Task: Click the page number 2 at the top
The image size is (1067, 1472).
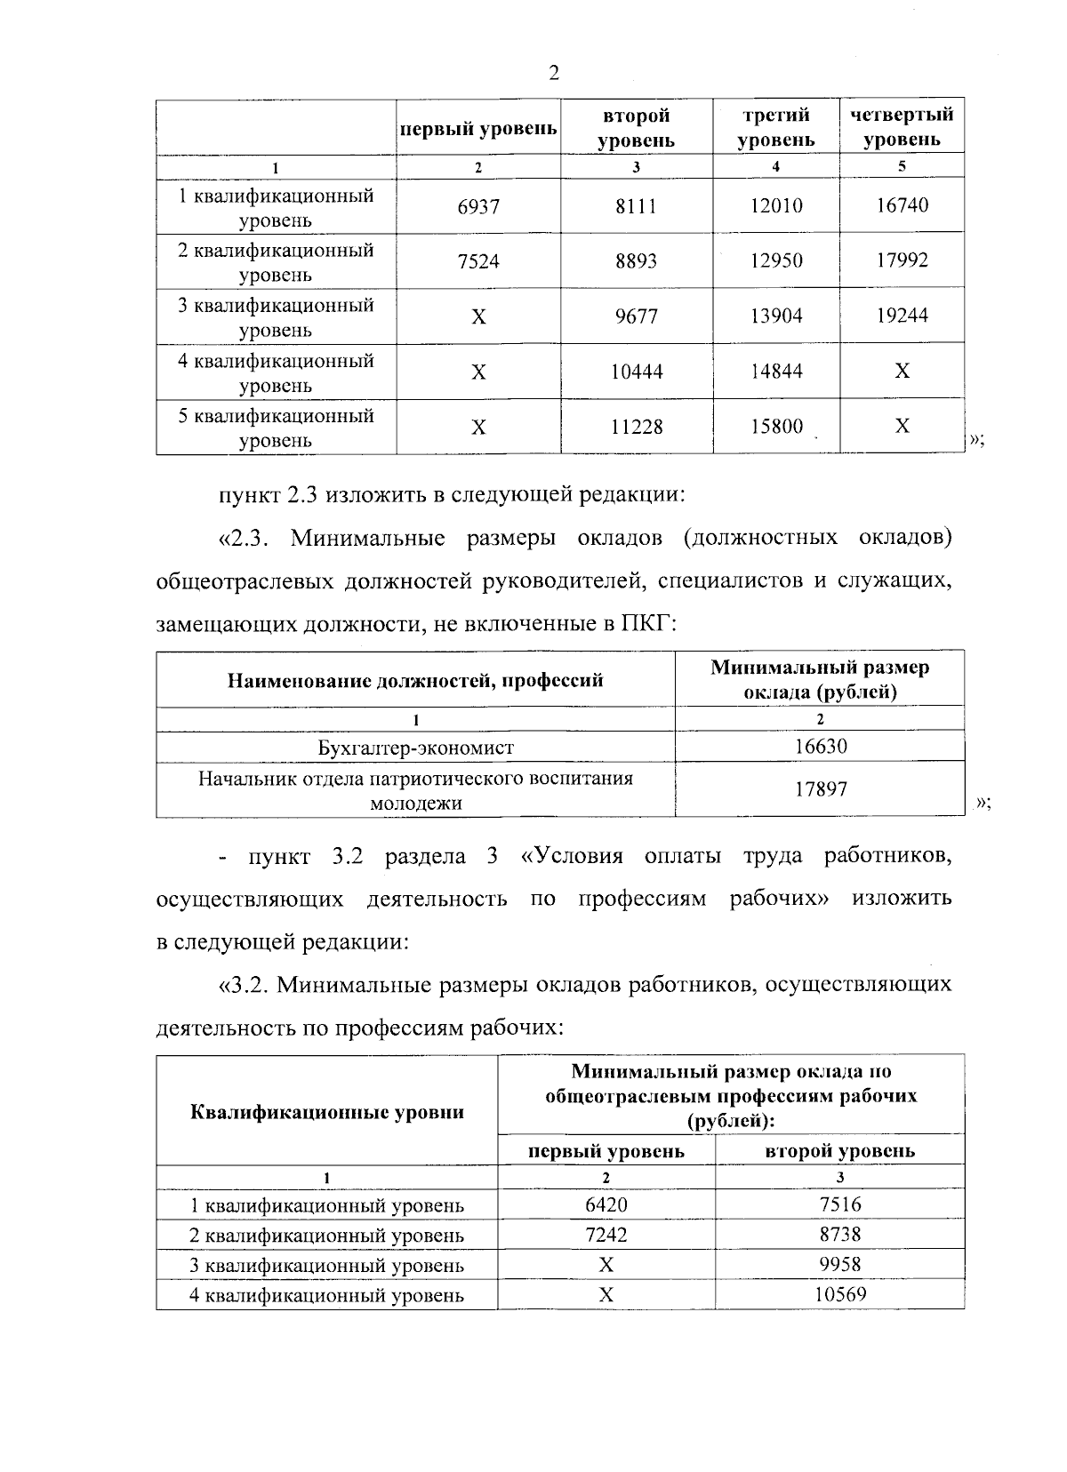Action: point(554,73)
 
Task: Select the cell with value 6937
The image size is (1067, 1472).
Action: point(478,207)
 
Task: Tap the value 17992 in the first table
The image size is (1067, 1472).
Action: point(902,260)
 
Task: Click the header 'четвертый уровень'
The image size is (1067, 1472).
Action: point(902,126)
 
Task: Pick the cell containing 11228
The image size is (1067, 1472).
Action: point(636,427)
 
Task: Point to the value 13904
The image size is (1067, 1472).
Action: point(775,316)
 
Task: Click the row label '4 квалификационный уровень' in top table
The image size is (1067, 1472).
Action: point(276,372)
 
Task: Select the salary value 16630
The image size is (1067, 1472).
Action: point(820,747)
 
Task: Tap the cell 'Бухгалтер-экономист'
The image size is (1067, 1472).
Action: point(415,748)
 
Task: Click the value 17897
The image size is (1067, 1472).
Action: point(820,788)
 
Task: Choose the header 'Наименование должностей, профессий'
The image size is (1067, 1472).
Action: point(415,680)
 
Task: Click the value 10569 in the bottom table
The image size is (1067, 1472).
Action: point(839,1294)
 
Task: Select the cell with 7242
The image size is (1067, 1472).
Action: point(606,1236)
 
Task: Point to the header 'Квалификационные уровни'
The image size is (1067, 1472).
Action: point(326,1112)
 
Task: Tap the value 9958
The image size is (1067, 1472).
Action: point(839,1264)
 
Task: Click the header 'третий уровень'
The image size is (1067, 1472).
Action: point(775,126)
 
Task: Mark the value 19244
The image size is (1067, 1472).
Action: point(902,316)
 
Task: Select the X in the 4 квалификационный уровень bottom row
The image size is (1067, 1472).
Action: point(606,1295)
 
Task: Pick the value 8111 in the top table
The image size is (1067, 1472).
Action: point(636,207)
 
